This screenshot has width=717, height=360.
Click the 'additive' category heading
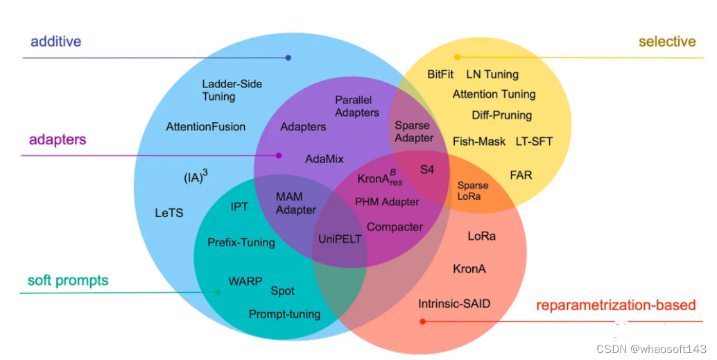click(x=55, y=42)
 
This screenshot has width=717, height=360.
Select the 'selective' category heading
click(x=666, y=42)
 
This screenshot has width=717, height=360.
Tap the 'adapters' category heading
click(x=58, y=139)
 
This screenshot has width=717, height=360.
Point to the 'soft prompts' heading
click(x=68, y=281)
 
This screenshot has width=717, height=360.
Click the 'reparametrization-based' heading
click(x=616, y=305)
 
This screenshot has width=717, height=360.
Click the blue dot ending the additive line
click(x=288, y=58)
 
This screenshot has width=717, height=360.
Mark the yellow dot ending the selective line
click(x=457, y=57)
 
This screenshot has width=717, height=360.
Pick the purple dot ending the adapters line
click(x=279, y=155)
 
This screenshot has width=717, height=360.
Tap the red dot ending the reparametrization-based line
click(x=422, y=321)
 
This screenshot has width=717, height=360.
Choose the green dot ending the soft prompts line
click(x=218, y=293)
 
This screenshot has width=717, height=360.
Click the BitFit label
click(x=440, y=74)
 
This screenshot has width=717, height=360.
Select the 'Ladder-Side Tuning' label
click(x=232, y=90)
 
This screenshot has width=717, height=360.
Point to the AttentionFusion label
click(x=205, y=127)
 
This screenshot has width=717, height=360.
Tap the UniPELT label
click(x=340, y=239)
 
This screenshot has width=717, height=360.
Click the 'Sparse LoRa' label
click(x=472, y=191)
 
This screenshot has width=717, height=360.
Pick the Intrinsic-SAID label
click(x=458, y=304)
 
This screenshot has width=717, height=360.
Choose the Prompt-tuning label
click(x=284, y=314)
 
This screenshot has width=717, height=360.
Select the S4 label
click(x=427, y=169)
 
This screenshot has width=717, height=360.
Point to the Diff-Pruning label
click(x=501, y=115)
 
